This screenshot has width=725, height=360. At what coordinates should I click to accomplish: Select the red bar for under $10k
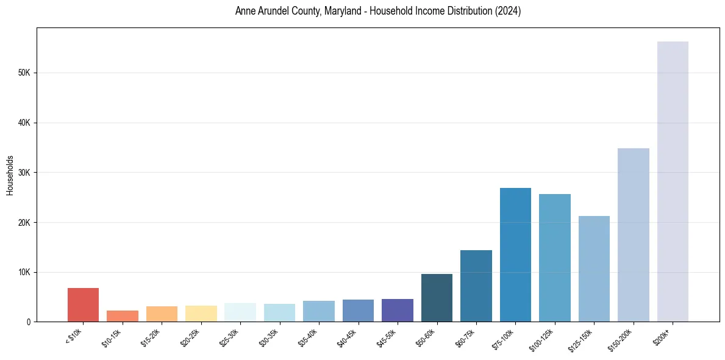click(x=83, y=304)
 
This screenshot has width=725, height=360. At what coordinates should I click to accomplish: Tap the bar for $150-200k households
click(x=634, y=235)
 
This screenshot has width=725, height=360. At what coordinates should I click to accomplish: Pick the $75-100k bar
click(x=515, y=254)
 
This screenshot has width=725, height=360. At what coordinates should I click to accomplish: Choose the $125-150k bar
click(x=594, y=268)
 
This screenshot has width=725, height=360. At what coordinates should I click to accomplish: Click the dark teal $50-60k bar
click(x=437, y=298)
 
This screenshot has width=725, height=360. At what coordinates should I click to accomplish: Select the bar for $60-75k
click(x=476, y=286)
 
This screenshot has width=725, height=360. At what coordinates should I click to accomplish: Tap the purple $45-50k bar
click(x=398, y=310)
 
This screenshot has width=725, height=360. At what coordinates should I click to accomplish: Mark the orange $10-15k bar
click(x=123, y=316)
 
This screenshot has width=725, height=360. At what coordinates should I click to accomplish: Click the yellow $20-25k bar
click(x=201, y=314)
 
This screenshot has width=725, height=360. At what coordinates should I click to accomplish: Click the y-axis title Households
click(x=10, y=175)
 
